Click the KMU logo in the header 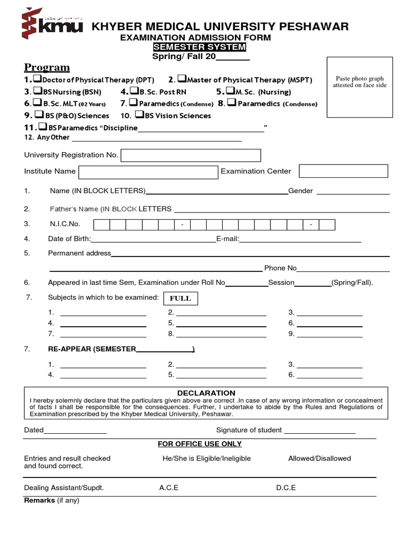click(x=51, y=24)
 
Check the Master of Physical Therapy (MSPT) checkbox click(x=182, y=79)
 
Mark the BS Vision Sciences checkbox click(x=140, y=115)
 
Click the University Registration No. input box click(x=191, y=155)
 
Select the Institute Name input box click(x=149, y=171)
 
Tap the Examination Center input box click(x=343, y=171)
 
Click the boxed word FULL click(x=180, y=298)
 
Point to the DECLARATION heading click(x=206, y=393)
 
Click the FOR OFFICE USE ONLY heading click(x=200, y=444)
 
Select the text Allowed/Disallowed click(x=320, y=458)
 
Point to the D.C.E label click(x=285, y=488)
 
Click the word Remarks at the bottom click(x=39, y=501)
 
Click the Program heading click(x=47, y=68)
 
